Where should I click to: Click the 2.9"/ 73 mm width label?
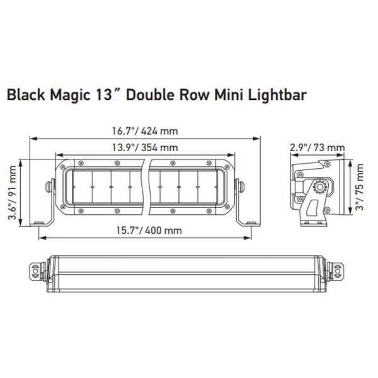[x=318, y=148]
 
